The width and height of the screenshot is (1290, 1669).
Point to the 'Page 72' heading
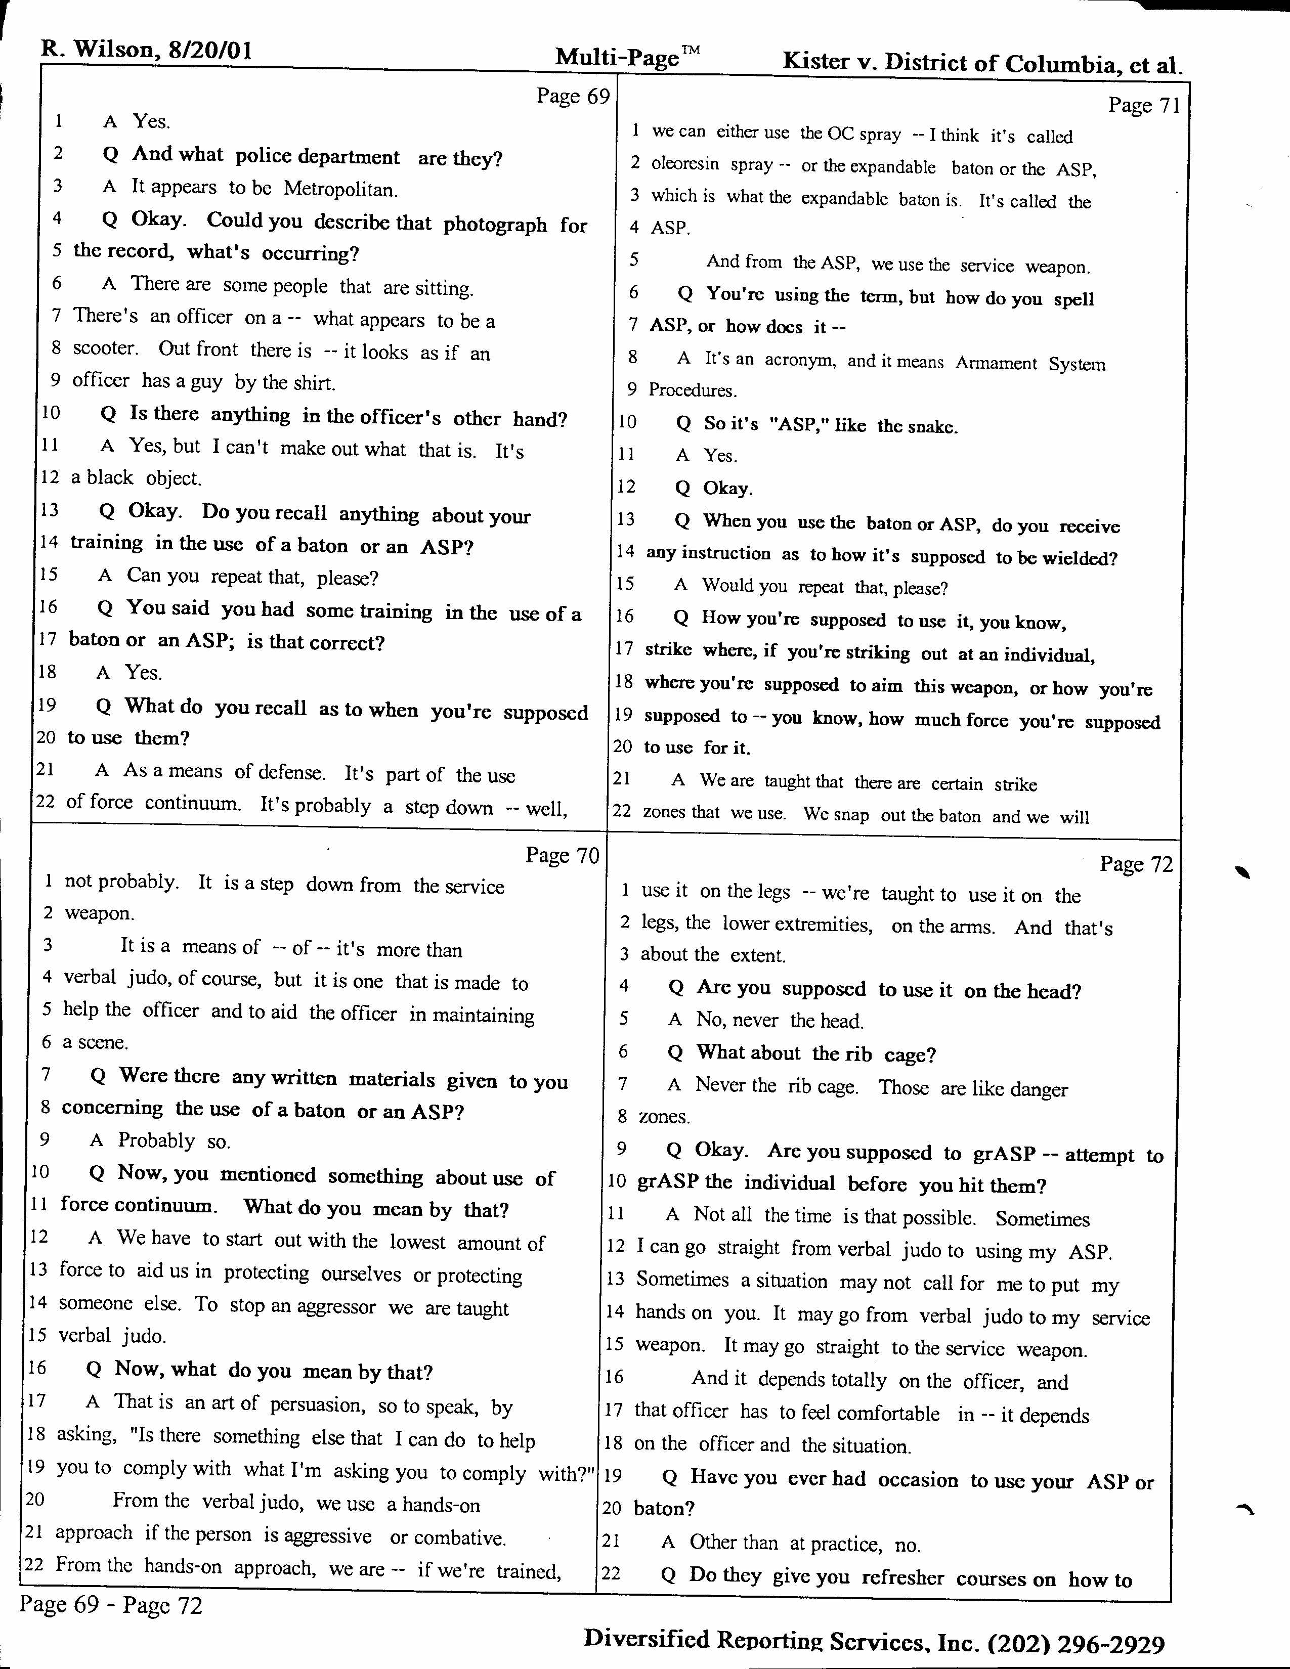[1136, 864]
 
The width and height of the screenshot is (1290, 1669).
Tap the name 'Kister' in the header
[816, 61]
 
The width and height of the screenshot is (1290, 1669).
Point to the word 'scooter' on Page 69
[105, 348]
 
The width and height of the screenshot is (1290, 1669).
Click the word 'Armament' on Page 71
[996, 363]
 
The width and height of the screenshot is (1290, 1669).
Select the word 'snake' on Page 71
[934, 426]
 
